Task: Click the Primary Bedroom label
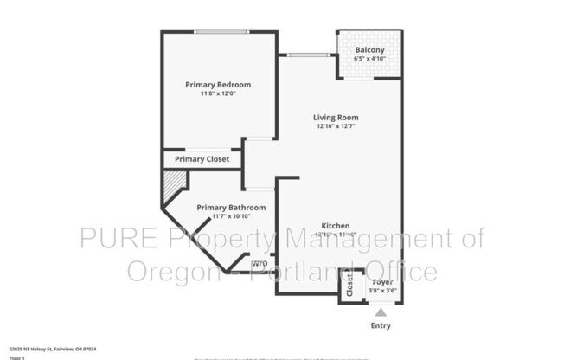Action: pos(218,84)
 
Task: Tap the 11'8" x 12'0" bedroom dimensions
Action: pos(218,93)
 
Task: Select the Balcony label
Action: pos(369,49)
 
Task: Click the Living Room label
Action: pos(336,117)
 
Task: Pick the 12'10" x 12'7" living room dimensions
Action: pos(336,126)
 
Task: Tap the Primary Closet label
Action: pos(202,159)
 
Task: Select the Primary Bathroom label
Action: pos(231,208)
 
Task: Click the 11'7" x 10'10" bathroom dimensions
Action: pos(231,216)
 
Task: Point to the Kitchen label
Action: pos(336,225)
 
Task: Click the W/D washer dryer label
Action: pos(259,265)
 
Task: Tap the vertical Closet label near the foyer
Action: pos(349,286)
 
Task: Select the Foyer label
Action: pos(381,282)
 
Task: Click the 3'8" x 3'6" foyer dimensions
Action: pos(381,292)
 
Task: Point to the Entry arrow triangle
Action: pos(381,313)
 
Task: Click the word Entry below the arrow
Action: pos(381,326)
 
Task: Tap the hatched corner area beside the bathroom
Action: pos(175,183)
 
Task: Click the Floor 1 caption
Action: pos(17,357)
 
